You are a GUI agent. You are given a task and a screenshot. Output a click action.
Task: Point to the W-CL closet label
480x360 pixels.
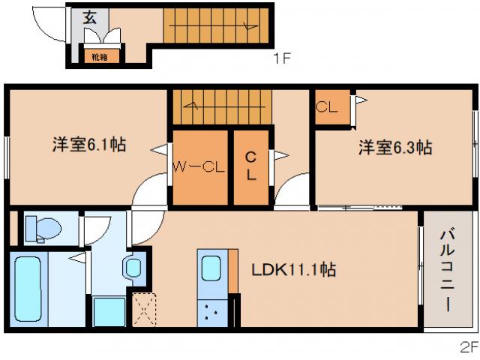(199, 167)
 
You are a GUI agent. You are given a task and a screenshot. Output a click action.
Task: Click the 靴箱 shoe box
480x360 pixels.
(99, 55)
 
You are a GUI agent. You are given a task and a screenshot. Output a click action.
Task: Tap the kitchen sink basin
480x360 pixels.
(211, 269)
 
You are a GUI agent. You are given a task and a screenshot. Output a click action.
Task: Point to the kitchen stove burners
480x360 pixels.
(210, 313)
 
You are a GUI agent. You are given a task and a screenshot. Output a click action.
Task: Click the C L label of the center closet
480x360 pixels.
(252, 167)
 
